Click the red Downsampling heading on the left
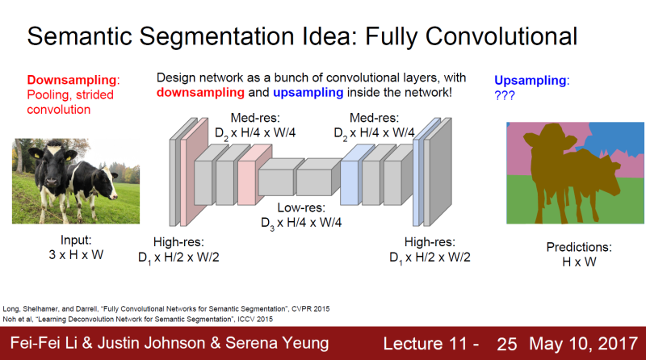(73, 80)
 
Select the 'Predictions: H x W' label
(576, 255)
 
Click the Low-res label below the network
(300, 214)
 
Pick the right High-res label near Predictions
(430, 249)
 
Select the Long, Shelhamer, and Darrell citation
(166, 308)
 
